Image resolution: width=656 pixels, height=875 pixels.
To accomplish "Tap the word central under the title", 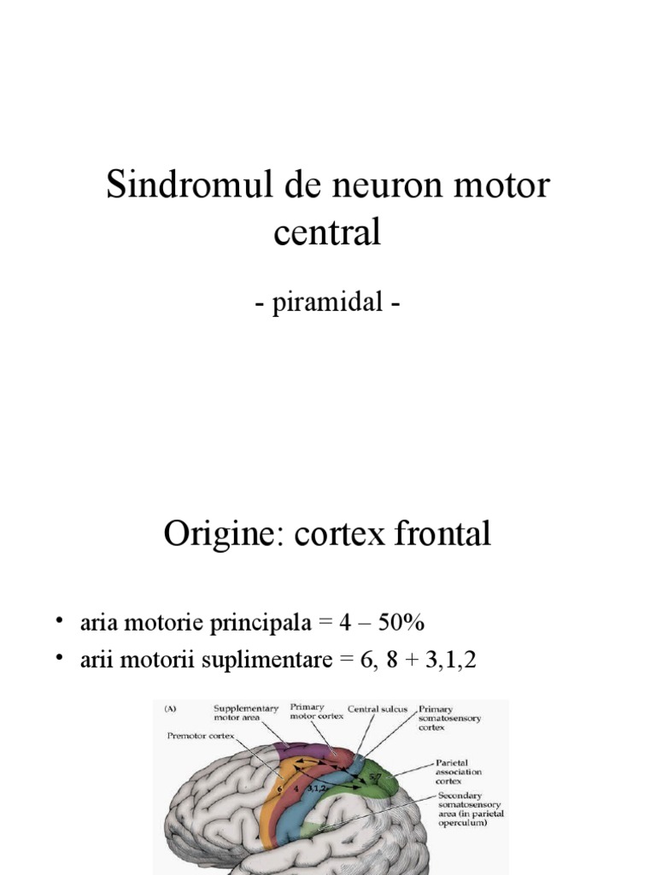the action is [x=327, y=232].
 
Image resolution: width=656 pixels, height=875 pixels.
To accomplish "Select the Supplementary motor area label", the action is [x=245, y=713].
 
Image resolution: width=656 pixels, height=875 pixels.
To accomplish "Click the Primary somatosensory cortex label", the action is [x=450, y=719].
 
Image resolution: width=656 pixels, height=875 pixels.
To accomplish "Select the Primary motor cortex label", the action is [x=317, y=712].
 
